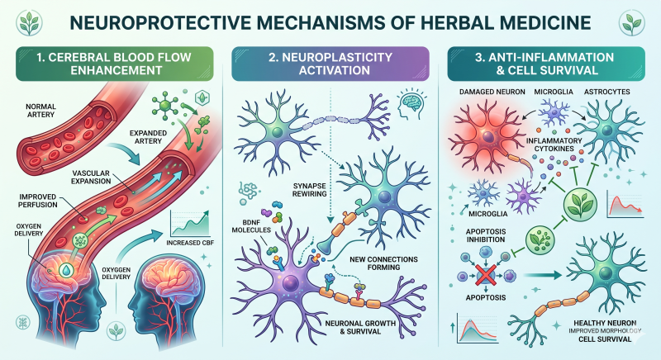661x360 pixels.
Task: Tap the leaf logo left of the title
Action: (x=29, y=23)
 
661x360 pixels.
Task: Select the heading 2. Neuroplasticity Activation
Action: (x=330, y=64)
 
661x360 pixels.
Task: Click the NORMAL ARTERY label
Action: (x=40, y=111)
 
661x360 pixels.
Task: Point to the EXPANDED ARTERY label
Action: (x=148, y=137)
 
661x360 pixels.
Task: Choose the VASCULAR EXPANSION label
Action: (x=91, y=178)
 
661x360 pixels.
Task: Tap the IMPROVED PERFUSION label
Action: (x=37, y=201)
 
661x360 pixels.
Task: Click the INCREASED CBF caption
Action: (x=190, y=243)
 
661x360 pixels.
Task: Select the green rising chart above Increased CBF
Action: (x=190, y=223)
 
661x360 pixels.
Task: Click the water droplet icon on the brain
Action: (x=65, y=269)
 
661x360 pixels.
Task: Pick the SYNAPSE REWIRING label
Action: (x=310, y=190)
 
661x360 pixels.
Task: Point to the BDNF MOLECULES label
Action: (x=251, y=226)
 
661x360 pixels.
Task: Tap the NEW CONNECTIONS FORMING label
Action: (x=383, y=263)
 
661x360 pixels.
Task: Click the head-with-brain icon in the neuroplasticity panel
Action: (x=411, y=102)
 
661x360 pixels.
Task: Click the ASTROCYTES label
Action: (x=607, y=92)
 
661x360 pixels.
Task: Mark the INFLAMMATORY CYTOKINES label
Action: (x=554, y=144)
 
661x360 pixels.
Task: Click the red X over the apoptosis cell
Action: (x=486, y=276)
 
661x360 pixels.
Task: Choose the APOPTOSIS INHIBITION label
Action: (x=486, y=235)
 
